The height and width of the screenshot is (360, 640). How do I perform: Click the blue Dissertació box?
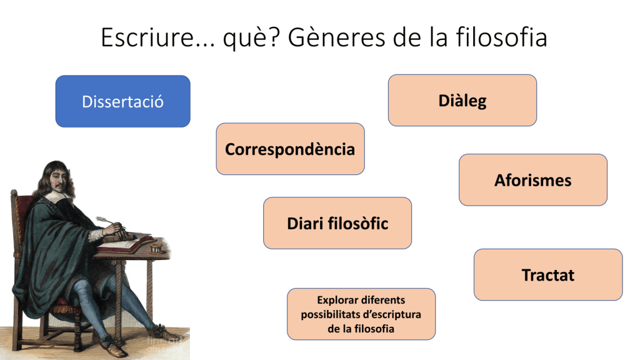pyautogui.click(x=123, y=101)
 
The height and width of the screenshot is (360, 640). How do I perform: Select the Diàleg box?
pyautogui.click(x=462, y=101)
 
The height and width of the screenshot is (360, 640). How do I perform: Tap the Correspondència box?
pyautogui.click(x=290, y=149)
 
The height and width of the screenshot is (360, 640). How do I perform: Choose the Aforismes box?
pyautogui.click(x=533, y=180)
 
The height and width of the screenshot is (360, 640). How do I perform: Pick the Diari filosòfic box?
pyautogui.click(x=337, y=223)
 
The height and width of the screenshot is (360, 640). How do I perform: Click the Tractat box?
pyautogui.click(x=548, y=275)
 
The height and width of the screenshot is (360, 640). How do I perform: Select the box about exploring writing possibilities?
pyautogui.click(x=361, y=314)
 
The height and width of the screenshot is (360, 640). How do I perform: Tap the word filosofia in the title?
pyautogui.click(x=501, y=37)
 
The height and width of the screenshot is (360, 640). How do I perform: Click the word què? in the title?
pyautogui.click(x=252, y=38)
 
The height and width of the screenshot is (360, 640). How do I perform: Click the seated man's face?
pyautogui.click(x=58, y=179)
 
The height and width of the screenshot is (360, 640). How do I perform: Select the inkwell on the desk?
pyautogui.click(x=156, y=247)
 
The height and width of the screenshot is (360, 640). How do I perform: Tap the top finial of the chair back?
pyautogui.click(x=14, y=192)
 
